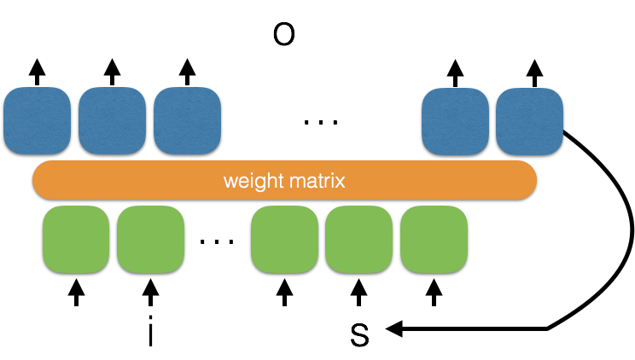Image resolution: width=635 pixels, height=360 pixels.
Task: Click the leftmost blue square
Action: tap(37, 120)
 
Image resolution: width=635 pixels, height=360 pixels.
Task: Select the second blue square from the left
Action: tap(112, 120)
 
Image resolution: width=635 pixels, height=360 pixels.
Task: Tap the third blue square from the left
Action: tap(187, 120)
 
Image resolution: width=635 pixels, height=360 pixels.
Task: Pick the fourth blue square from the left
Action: tap(455, 121)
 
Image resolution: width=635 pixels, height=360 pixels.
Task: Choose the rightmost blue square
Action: tap(529, 121)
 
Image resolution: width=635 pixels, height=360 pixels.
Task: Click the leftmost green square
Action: tap(76, 239)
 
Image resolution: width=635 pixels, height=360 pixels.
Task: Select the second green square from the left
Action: tap(150, 239)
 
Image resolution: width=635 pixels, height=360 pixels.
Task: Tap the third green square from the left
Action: tap(284, 239)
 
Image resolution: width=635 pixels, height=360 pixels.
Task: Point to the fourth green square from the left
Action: tap(358, 239)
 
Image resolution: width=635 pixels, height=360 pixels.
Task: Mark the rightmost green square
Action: tap(434, 239)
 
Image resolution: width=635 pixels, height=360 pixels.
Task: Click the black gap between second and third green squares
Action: tap(218, 239)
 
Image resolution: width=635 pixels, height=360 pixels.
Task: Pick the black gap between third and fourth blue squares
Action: tap(321, 121)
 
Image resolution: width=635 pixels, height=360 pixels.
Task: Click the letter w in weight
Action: tap(230, 182)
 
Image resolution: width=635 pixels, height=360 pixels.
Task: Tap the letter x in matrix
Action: tap(341, 182)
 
